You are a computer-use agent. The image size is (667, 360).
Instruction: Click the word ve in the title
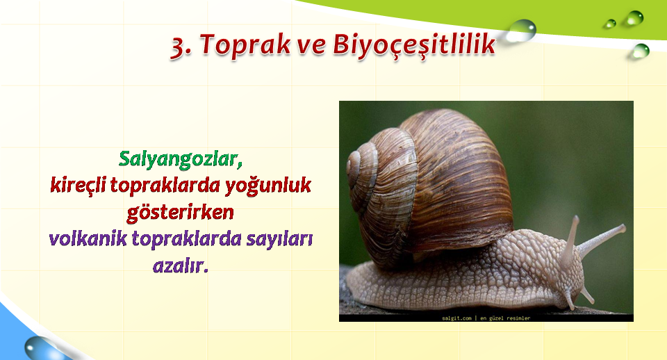pyautogui.click(x=311, y=46)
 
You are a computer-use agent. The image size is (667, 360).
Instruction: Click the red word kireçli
pyautogui.click(x=78, y=185)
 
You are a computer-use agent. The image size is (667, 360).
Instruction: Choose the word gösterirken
pyautogui.click(x=181, y=213)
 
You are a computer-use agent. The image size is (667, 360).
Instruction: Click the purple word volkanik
pyautogui.click(x=88, y=238)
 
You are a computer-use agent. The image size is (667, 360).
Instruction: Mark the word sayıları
pyautogui.click(x=279, y=240)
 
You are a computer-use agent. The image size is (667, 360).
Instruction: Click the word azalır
pyautogui.click(x=181, y=266)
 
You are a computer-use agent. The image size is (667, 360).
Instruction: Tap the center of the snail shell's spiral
pyautogui.click(x=354, y=164)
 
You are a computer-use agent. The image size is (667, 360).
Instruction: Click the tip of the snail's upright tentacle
pyautogui.click(x=575, y=218)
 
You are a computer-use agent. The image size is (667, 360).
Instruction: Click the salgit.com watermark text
pyautogui.click(x=456, y=318)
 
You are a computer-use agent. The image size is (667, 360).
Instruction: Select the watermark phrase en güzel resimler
pyautogui.click(x=505, y=318)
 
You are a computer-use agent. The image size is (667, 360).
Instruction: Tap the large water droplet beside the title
pyautogui.click(x=520, y=31)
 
